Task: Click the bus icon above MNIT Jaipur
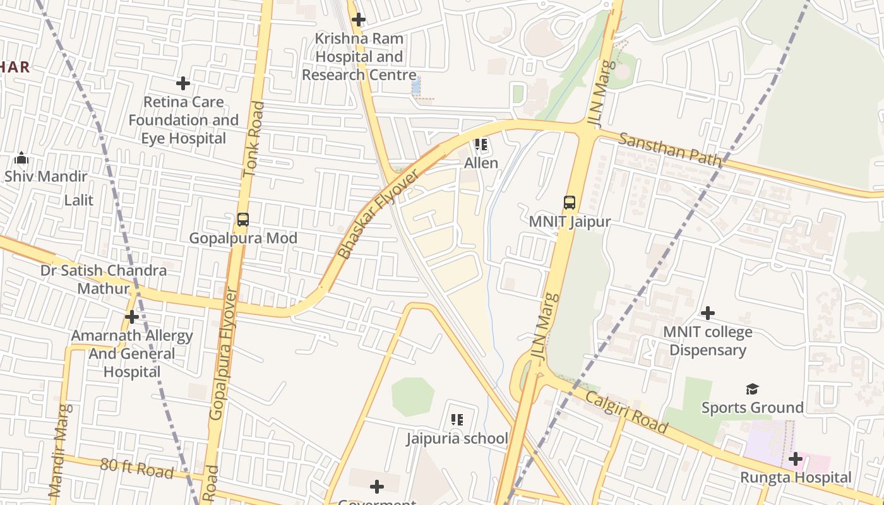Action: (x=570, y=203)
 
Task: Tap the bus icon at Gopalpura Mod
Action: (x=243, y=220)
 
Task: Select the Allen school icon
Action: (x=481, y=145)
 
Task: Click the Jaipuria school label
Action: (x=457, y=438)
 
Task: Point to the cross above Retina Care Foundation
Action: (x=183, y=83)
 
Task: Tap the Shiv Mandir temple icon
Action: (x=21, y=157)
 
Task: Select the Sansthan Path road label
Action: (x=669, y=150)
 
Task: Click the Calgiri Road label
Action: (x=626, y=412)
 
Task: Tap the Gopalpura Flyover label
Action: (x=224, y=354)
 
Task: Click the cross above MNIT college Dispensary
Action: (x=708, y=312)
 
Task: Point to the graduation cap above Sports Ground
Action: (x=752, y=389)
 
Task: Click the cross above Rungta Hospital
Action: (x=796, y=458)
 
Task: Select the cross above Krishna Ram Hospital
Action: (x=359, y=20)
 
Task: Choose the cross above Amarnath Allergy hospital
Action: (x=132, y=316)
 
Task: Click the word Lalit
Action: (x=79, y=200)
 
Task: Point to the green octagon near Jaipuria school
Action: (x=413, y=397)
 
